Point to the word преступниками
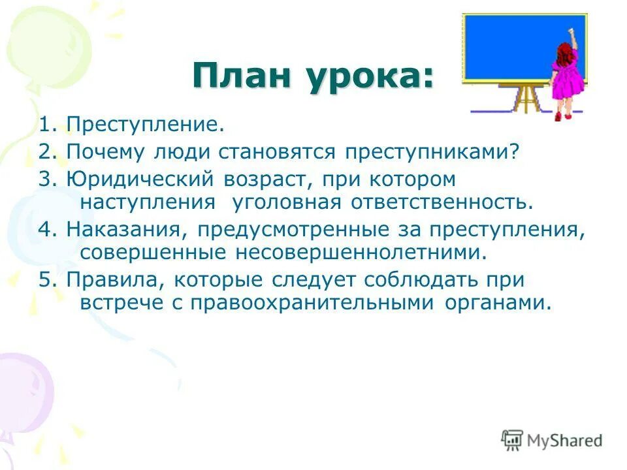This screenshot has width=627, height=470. tap(426, 152)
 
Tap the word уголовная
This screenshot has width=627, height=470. tap(286, 202)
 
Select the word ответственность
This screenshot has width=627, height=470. tap(439, 202)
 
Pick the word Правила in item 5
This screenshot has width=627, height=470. tap(112, 279)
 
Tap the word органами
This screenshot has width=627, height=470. tap(495, 304)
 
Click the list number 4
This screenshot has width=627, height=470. tap(44, 229)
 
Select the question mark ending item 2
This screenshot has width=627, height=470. tap(513, 151)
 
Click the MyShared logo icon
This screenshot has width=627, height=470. tap(512, 440)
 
